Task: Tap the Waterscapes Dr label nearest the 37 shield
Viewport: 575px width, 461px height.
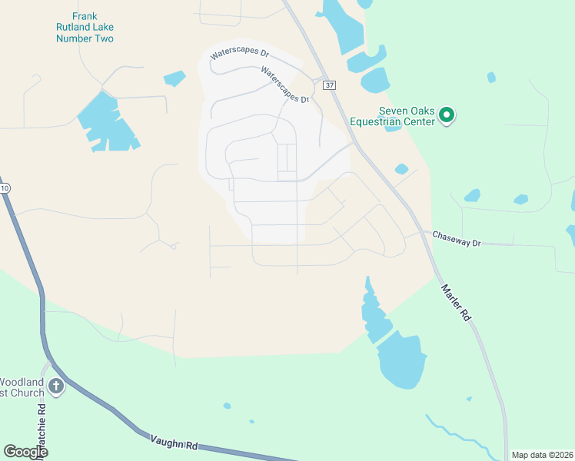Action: [284, 85]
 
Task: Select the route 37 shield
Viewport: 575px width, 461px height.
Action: [330, 85]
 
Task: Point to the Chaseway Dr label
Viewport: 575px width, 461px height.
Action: [456, 238]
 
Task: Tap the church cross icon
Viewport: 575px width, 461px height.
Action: [56, 386]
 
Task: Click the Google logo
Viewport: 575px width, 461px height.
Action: [25, 452]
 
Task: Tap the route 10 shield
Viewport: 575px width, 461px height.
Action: [4, 188]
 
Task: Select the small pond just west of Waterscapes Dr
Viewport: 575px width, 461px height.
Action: [174, 78]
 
